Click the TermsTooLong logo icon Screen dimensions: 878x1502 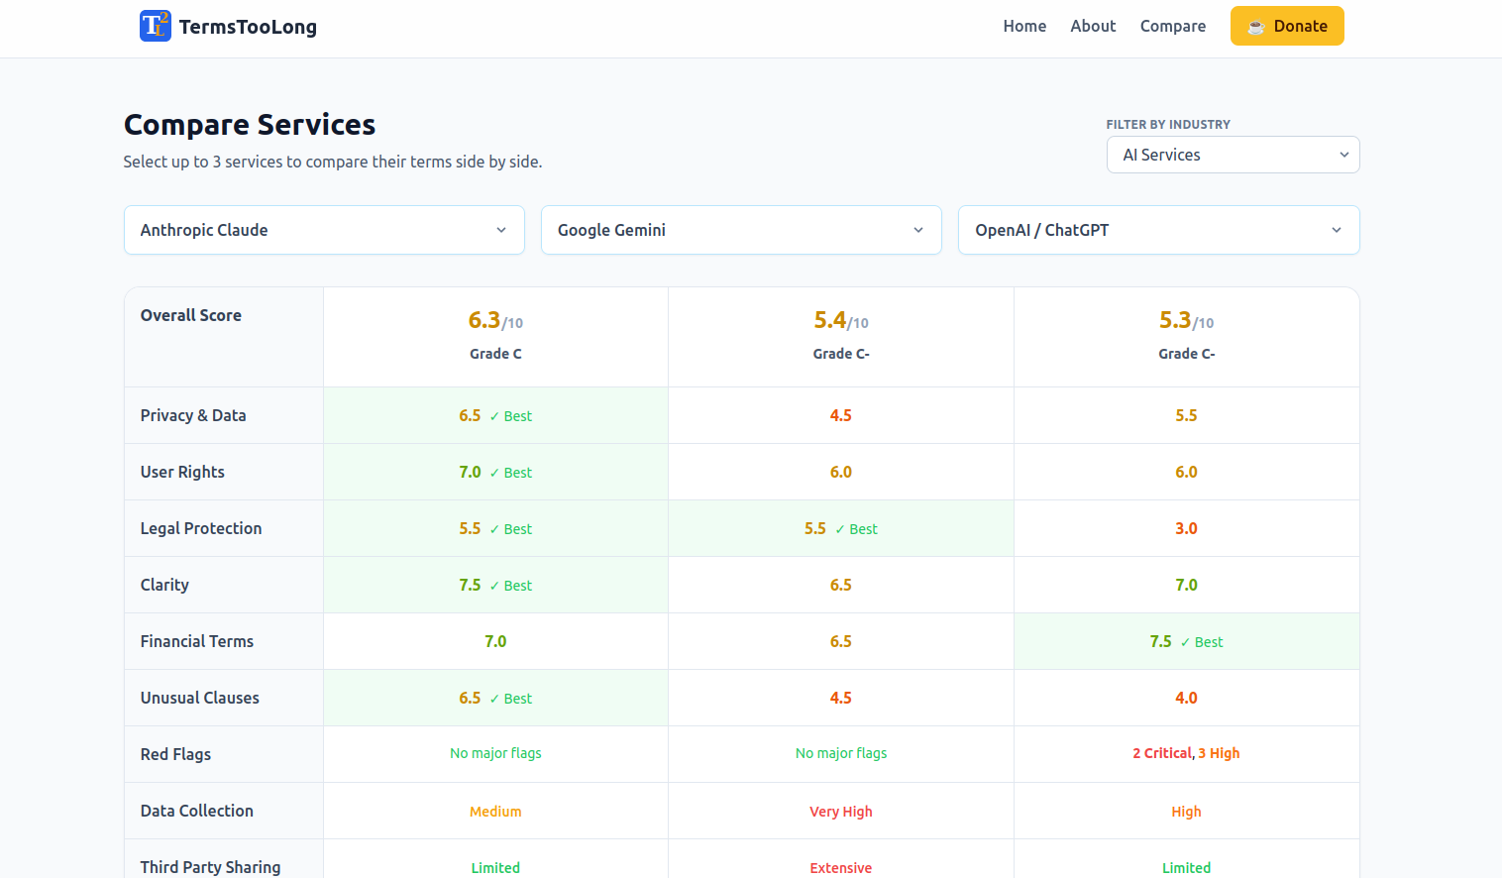155,26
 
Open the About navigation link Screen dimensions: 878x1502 1093,26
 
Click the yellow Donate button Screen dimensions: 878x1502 1286,26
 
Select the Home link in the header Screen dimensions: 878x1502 1024,26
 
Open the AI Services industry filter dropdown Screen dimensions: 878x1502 1233,155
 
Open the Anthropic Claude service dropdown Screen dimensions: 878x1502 324,230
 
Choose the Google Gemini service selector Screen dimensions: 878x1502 741,230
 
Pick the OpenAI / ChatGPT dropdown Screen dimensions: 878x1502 1158,230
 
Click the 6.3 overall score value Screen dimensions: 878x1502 485,320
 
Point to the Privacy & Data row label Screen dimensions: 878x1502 193,415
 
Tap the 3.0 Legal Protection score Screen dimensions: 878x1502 1186,528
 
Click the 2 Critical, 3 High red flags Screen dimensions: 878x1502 1186,753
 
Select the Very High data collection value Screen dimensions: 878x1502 841,812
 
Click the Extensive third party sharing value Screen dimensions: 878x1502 841,867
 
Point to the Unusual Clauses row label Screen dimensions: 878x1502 200,698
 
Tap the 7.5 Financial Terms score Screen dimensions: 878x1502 1161,641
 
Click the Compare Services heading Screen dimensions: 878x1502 250,125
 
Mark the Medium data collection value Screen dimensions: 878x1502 495,812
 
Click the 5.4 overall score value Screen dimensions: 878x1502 831,320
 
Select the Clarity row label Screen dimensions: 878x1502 164,585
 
